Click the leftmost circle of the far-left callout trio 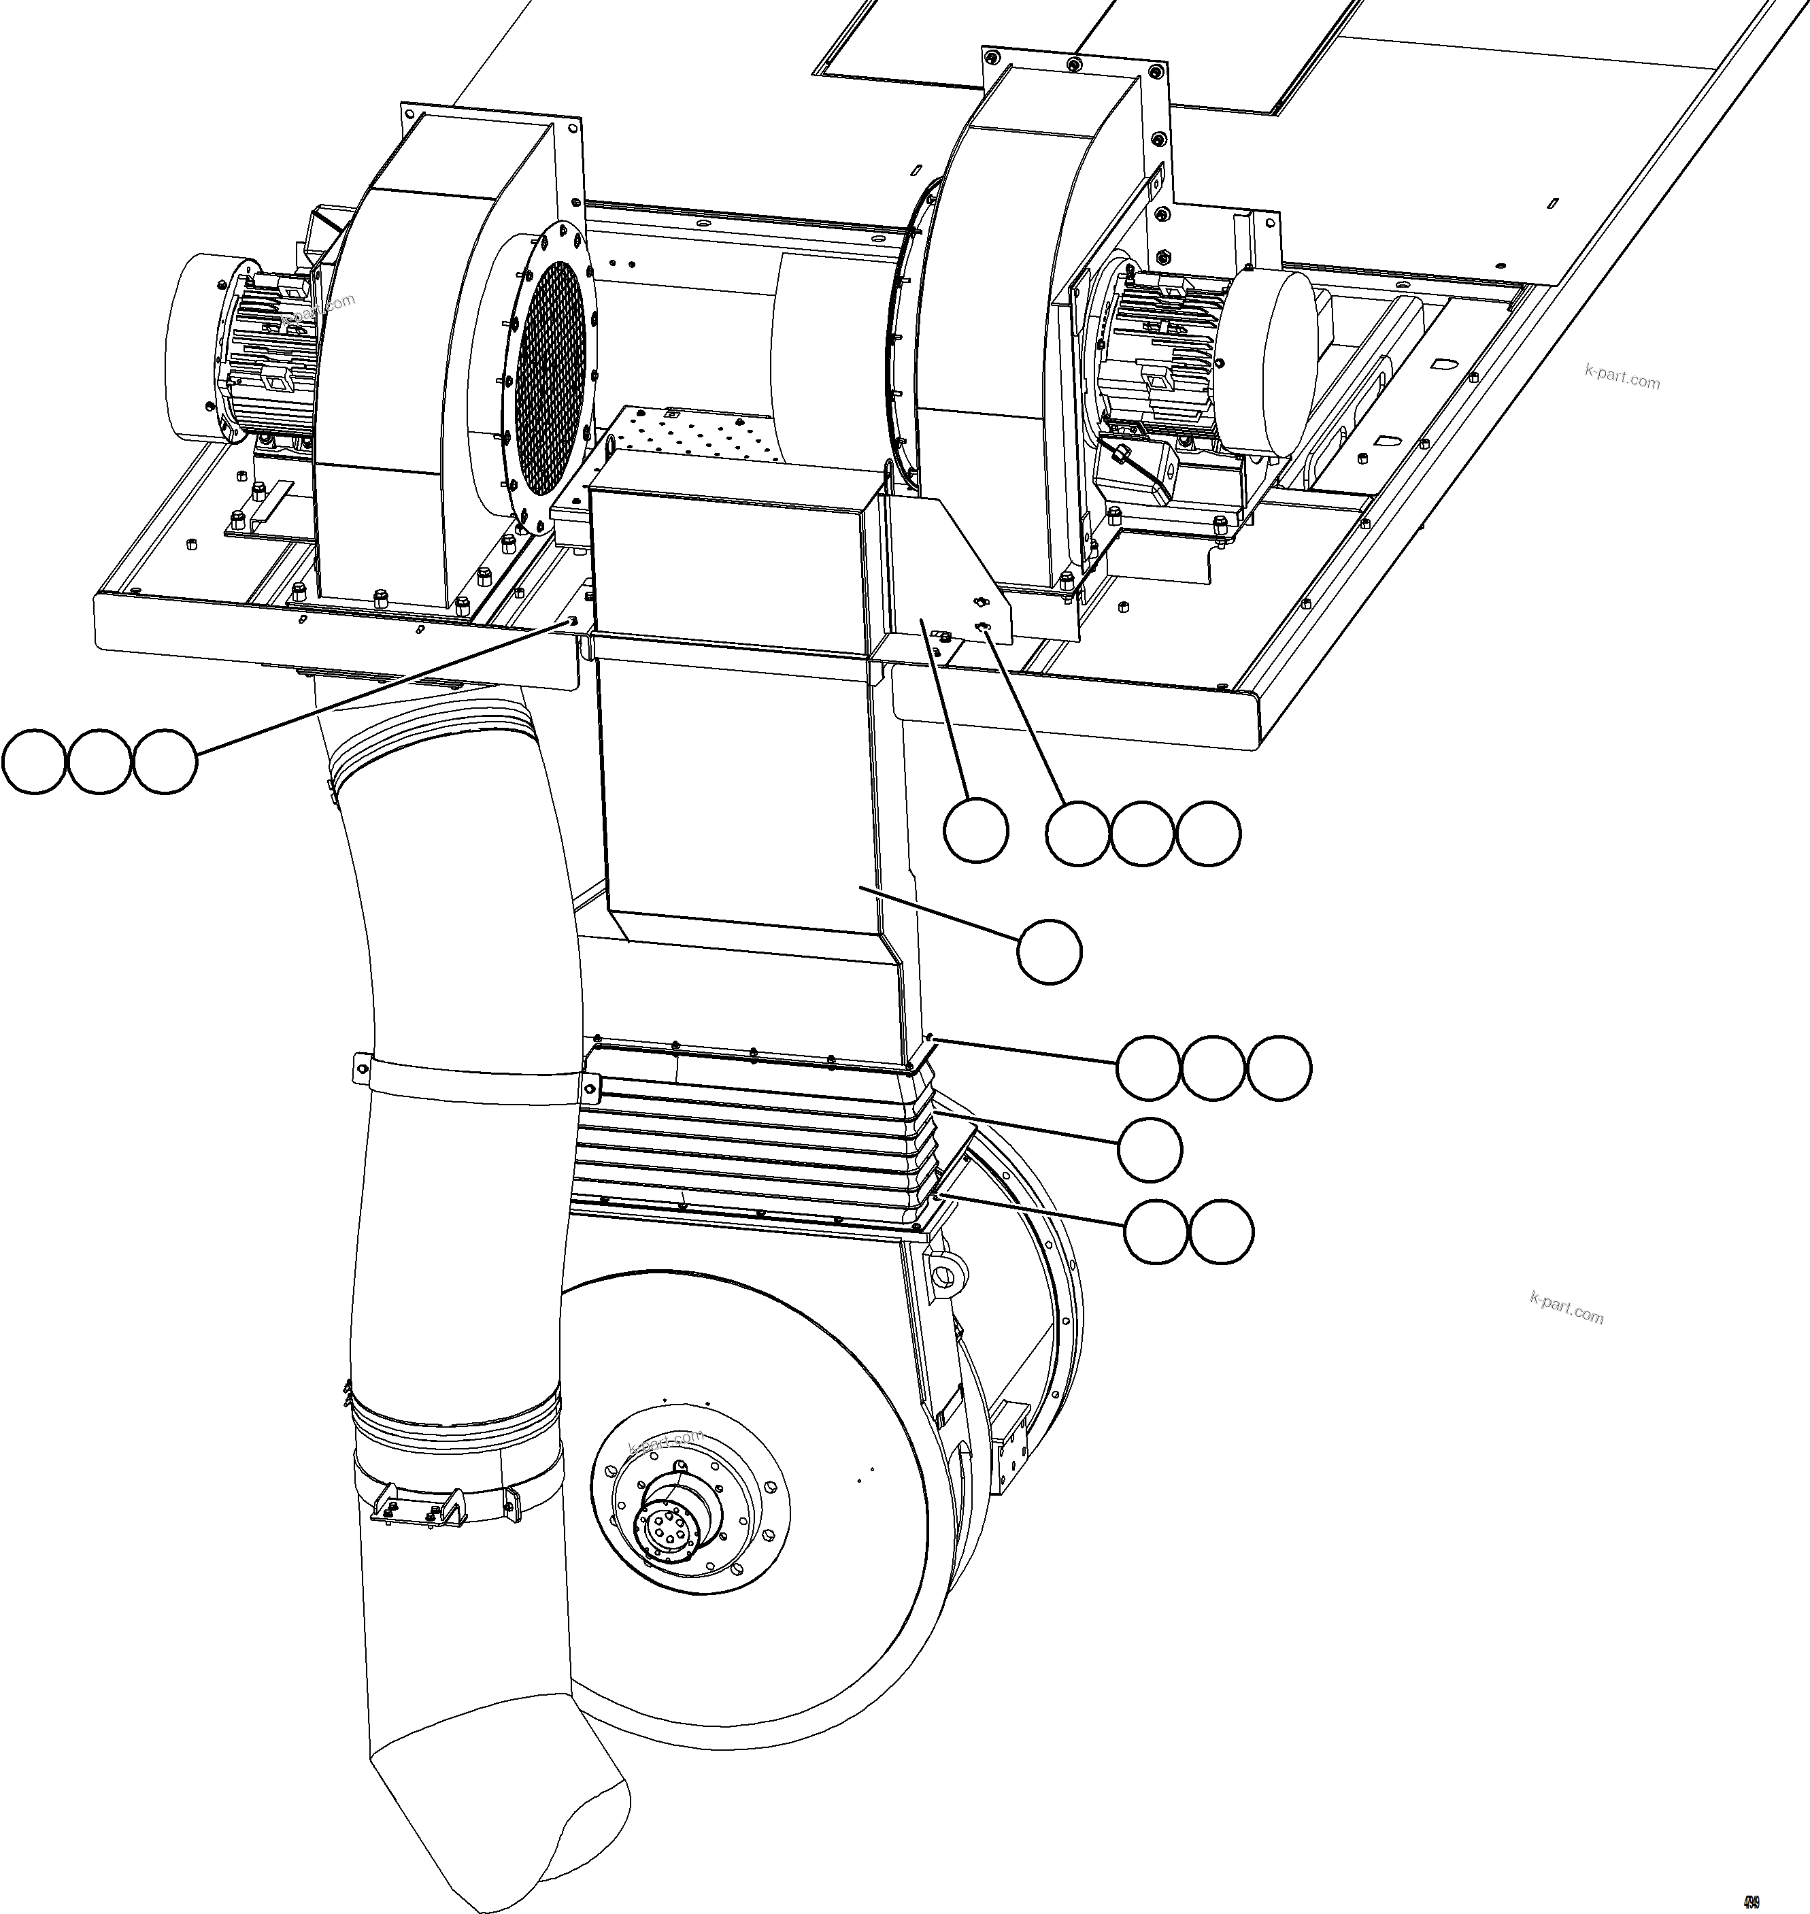(x=35, y=762)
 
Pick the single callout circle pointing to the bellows (x=1149, y=1149)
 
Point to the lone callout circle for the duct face (x=1050, y=951)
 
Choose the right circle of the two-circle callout (x=1222, y=1232)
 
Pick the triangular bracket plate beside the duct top (x=950, y=569)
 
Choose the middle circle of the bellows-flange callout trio (x=1213, y=1068)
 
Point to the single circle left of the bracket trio (x=975, y=830)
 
